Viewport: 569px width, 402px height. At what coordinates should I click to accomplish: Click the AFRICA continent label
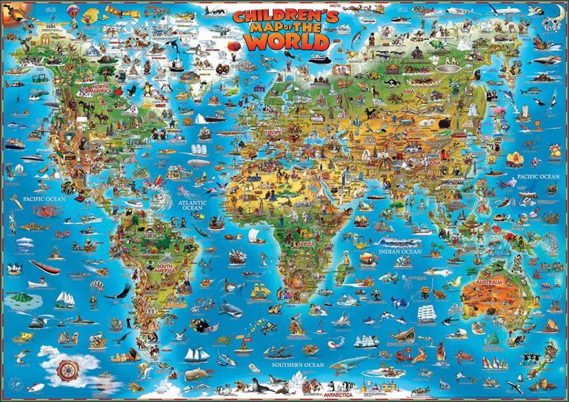306,243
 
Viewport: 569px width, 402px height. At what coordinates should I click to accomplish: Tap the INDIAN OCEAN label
399,252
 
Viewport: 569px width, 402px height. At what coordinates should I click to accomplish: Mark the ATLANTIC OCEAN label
192,203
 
